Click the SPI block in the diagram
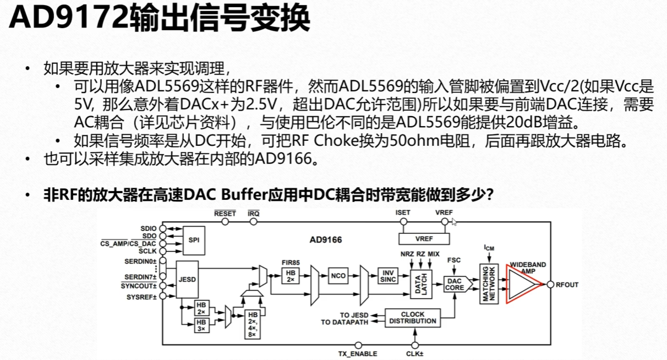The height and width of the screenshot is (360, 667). [193, 241]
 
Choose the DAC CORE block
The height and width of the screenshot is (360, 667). [455, 285]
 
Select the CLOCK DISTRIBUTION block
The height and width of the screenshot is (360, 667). [412, 318]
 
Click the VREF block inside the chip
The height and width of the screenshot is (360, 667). [424, 238]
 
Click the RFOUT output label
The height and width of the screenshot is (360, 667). [567, 285]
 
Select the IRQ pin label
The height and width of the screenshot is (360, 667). [254, 212]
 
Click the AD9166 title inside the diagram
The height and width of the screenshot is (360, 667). [325, 240]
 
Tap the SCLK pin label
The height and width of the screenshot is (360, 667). [148, 250]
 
